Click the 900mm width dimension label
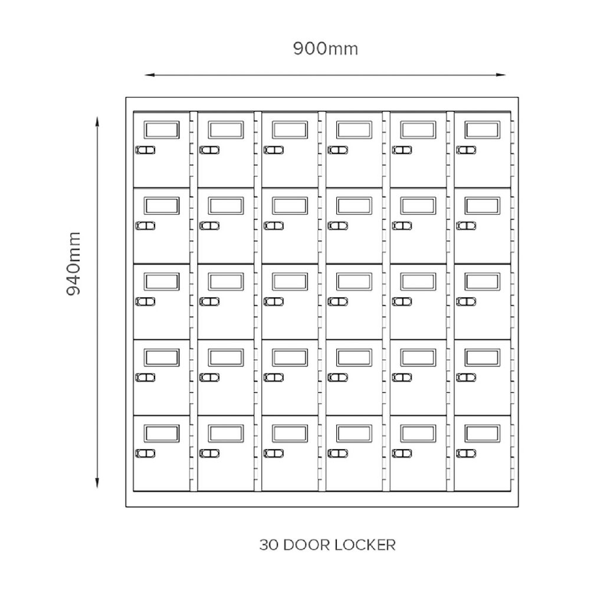(325, 49)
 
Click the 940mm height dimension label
(74, 264)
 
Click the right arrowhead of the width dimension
(502, 75)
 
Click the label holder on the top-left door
(162, 130)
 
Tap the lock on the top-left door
(145, 150)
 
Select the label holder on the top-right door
(482, 130)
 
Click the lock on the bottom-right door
(466, 453)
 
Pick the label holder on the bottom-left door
(162, 434)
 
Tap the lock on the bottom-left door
(145, 453)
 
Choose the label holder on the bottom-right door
(482, 434)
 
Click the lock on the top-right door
(466, 150)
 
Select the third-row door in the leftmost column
(162, 301)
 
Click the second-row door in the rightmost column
(482, 225)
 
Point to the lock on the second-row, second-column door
(209, 225)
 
